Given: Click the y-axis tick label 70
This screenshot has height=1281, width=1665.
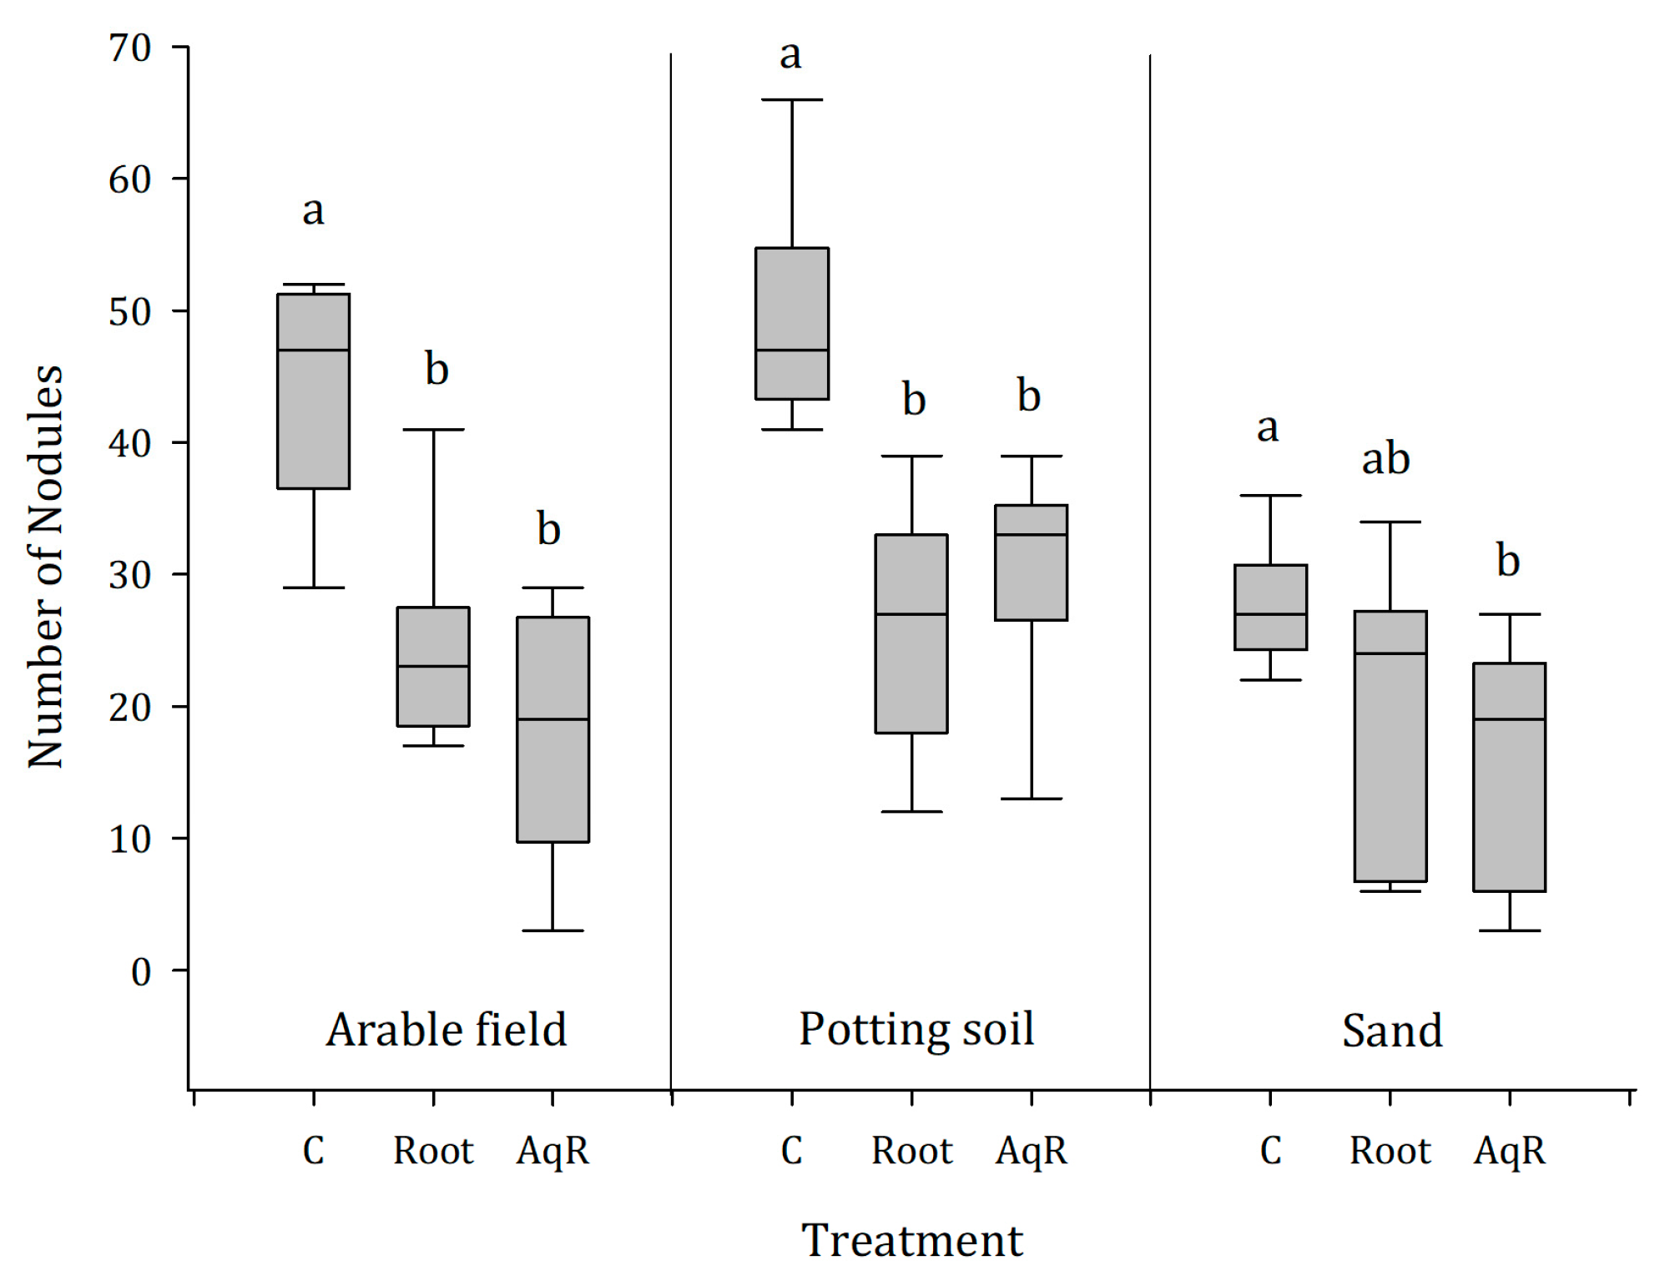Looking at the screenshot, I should point(130,48).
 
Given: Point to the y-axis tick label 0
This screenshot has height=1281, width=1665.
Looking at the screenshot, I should point(141,971).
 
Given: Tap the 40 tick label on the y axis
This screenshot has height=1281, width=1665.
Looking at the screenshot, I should point(130,443).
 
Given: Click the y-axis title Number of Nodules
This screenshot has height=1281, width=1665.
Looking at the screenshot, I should point(46,567).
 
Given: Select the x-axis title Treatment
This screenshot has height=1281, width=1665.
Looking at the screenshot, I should point(911,1240).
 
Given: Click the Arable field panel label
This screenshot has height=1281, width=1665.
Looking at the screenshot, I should point(447,1030).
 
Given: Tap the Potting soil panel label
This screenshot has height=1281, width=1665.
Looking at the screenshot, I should point(916,1028).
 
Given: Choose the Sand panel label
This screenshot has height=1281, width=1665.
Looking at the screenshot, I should point(1392,1031).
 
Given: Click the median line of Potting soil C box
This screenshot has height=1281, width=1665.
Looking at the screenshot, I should point(792,351).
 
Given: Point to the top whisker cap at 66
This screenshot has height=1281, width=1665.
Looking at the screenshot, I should point(792,100).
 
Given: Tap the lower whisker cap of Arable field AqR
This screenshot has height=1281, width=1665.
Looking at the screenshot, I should point(552,930).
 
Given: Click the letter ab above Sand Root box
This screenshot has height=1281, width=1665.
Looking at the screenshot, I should point(1385,459).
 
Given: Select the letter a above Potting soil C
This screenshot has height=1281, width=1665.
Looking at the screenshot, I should point(790,55).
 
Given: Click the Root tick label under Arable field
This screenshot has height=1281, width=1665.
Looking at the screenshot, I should point(433,1151).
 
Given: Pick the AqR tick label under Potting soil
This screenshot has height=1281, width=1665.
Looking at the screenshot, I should point(1032,1151).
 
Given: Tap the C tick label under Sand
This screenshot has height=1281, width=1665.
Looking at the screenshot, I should point(1270,1151).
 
